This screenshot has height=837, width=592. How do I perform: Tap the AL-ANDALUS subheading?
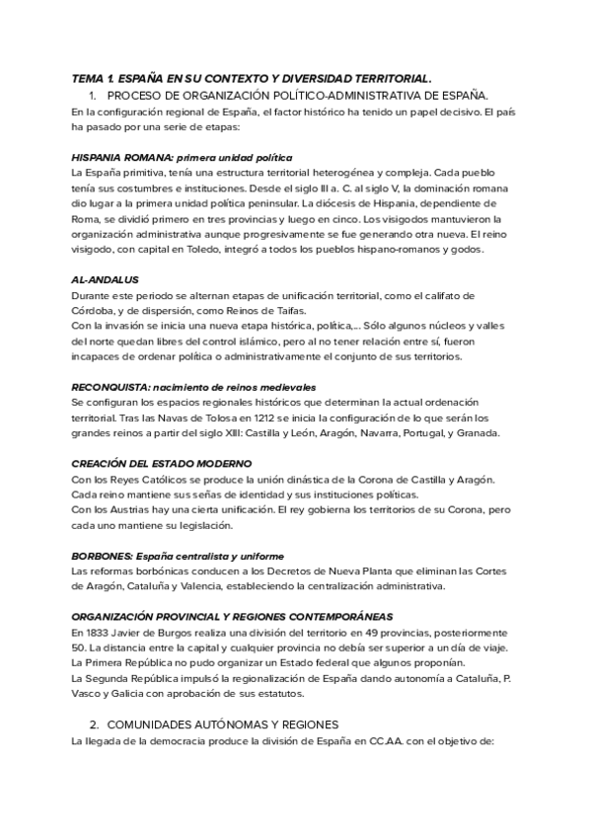pyautogui.click(x=106, y=279)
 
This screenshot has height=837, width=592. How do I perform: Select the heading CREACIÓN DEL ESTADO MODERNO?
pyautogui.click(x=162, y=463)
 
